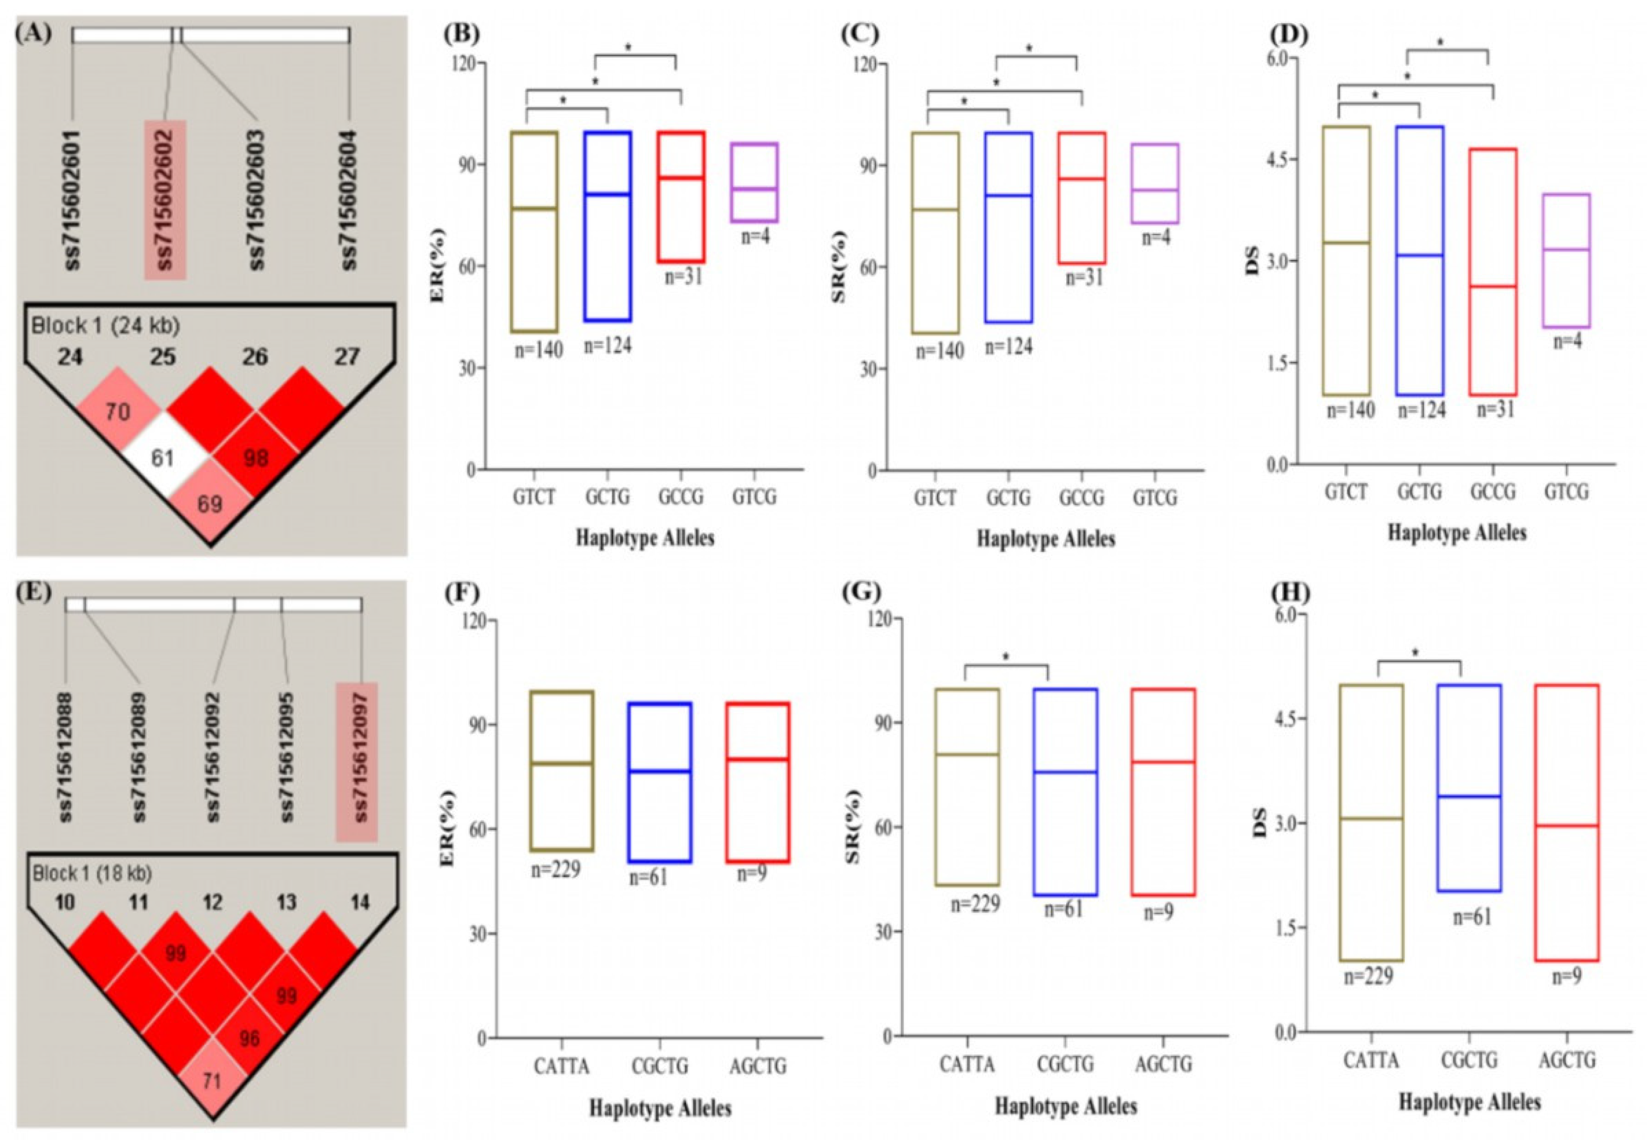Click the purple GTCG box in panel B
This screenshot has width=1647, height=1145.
tap(754, 182)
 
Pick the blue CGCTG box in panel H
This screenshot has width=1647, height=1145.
tap(1469, 787)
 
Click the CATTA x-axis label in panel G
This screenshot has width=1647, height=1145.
tap(967, 1064)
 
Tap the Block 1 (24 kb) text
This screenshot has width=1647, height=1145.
tap(105, 326)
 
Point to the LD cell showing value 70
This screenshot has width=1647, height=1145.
tap(118, 412)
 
